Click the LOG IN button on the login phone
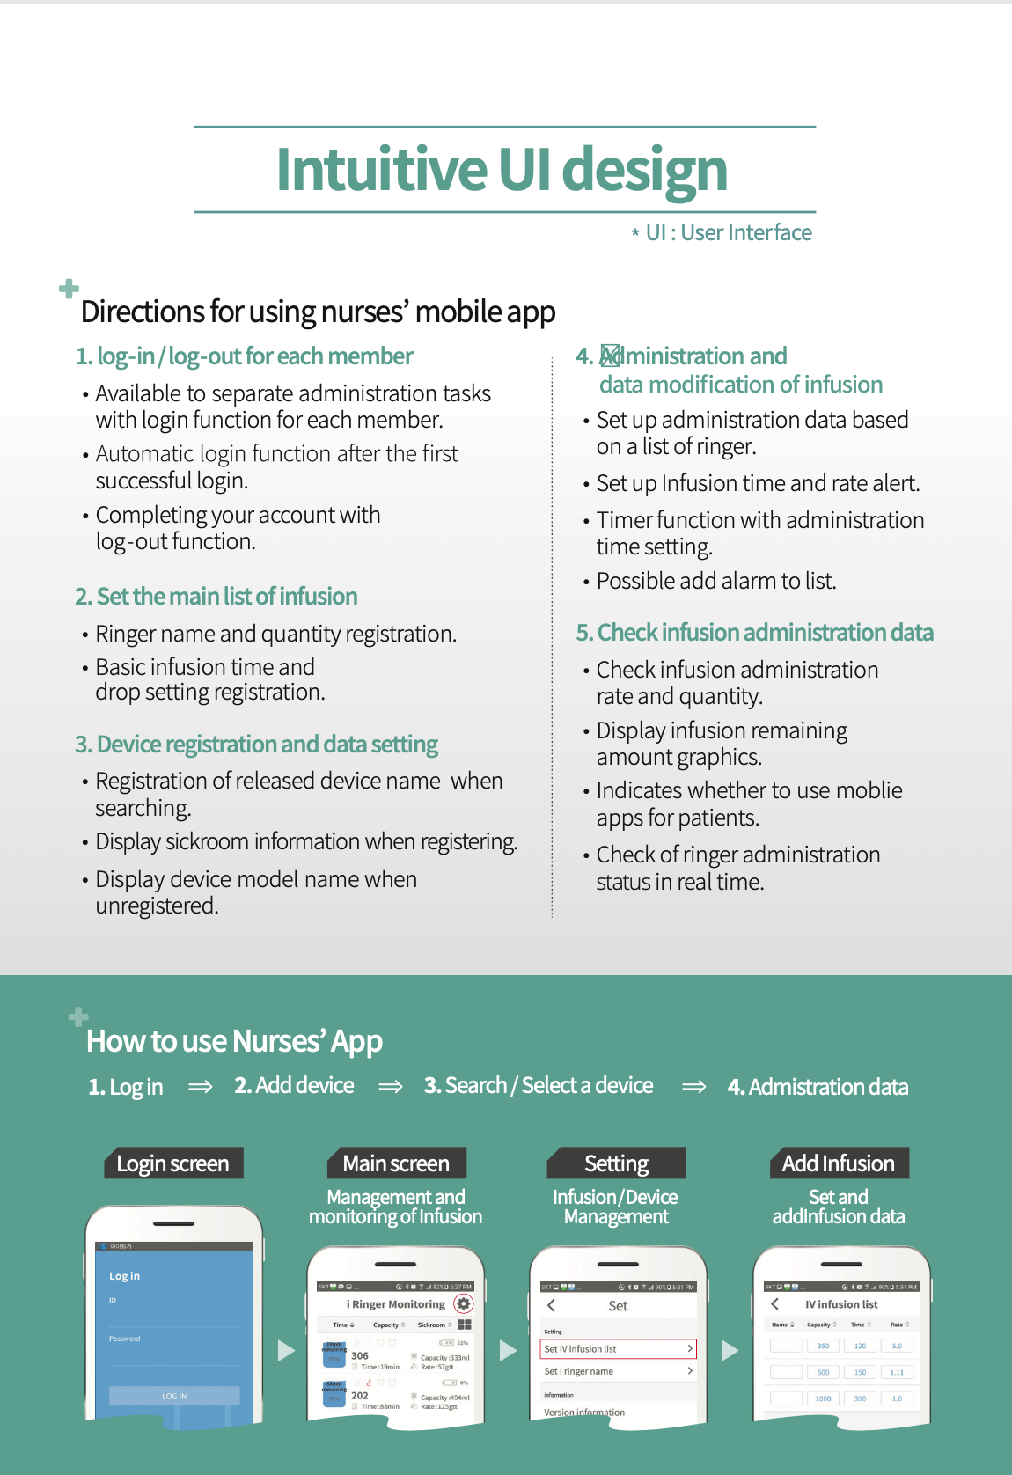174,1396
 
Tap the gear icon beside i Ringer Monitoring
464,1303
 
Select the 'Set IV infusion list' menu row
618,1348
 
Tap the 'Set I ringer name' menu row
618,1371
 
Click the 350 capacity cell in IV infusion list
823,1346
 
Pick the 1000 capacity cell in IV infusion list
823,1398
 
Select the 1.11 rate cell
897,1372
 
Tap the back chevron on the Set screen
552,1305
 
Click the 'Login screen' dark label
172,1163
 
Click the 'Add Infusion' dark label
838,1163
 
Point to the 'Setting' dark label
616,1163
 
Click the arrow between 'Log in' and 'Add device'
201,1087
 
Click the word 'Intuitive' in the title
381,169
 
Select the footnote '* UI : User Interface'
722,233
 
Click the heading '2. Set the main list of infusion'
216,597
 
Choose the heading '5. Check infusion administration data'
754,633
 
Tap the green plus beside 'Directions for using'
69,288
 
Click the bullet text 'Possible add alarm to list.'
716,581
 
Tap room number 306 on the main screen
360,1355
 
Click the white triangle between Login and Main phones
286,1350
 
